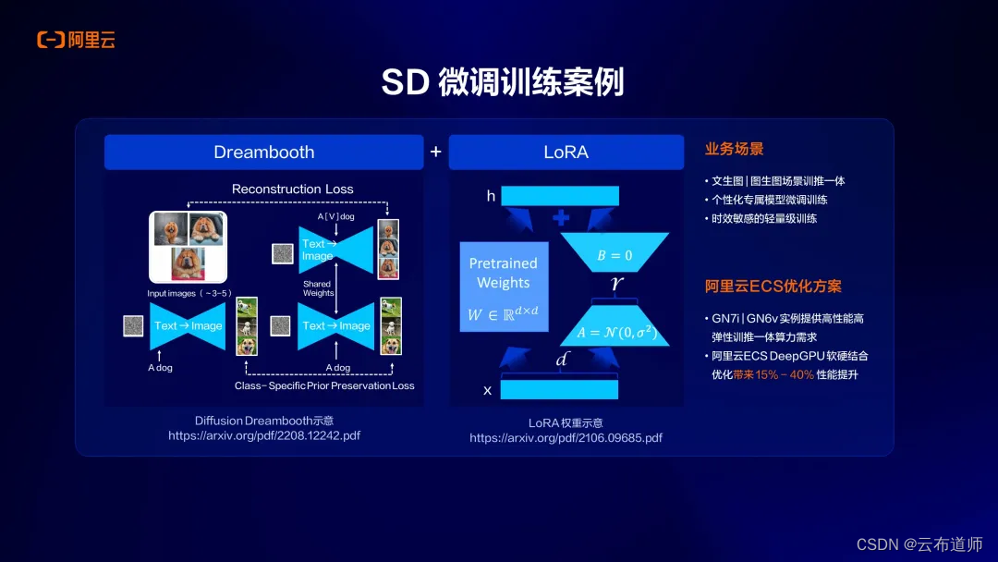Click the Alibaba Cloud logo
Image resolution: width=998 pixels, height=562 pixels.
click(x=76, y=40)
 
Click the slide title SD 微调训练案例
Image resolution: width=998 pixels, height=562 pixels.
click(x=502, y=82)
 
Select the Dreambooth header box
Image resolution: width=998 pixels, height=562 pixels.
click(x=263, y=152)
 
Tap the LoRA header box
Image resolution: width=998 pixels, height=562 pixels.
click(x=566, y=152)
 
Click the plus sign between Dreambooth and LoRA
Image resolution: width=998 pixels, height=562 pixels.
click(x=435, y=152)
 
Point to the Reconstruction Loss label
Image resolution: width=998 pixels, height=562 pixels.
click(x=292, y=189)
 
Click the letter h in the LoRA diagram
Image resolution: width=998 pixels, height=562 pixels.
click(x=491, y=196)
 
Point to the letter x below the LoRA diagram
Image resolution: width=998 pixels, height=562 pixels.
click(x=487, y=390)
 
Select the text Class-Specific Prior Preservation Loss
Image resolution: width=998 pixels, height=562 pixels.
click(x=324, y=385)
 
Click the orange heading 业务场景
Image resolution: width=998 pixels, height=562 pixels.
click(x=734, y=149)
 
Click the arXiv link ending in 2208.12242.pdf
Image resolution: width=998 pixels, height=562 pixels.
click(x=263, y=435)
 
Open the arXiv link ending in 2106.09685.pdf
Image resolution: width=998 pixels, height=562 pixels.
click(x=566, y=437)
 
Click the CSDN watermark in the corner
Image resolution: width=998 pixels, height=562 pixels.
click(x=919, y=544)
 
